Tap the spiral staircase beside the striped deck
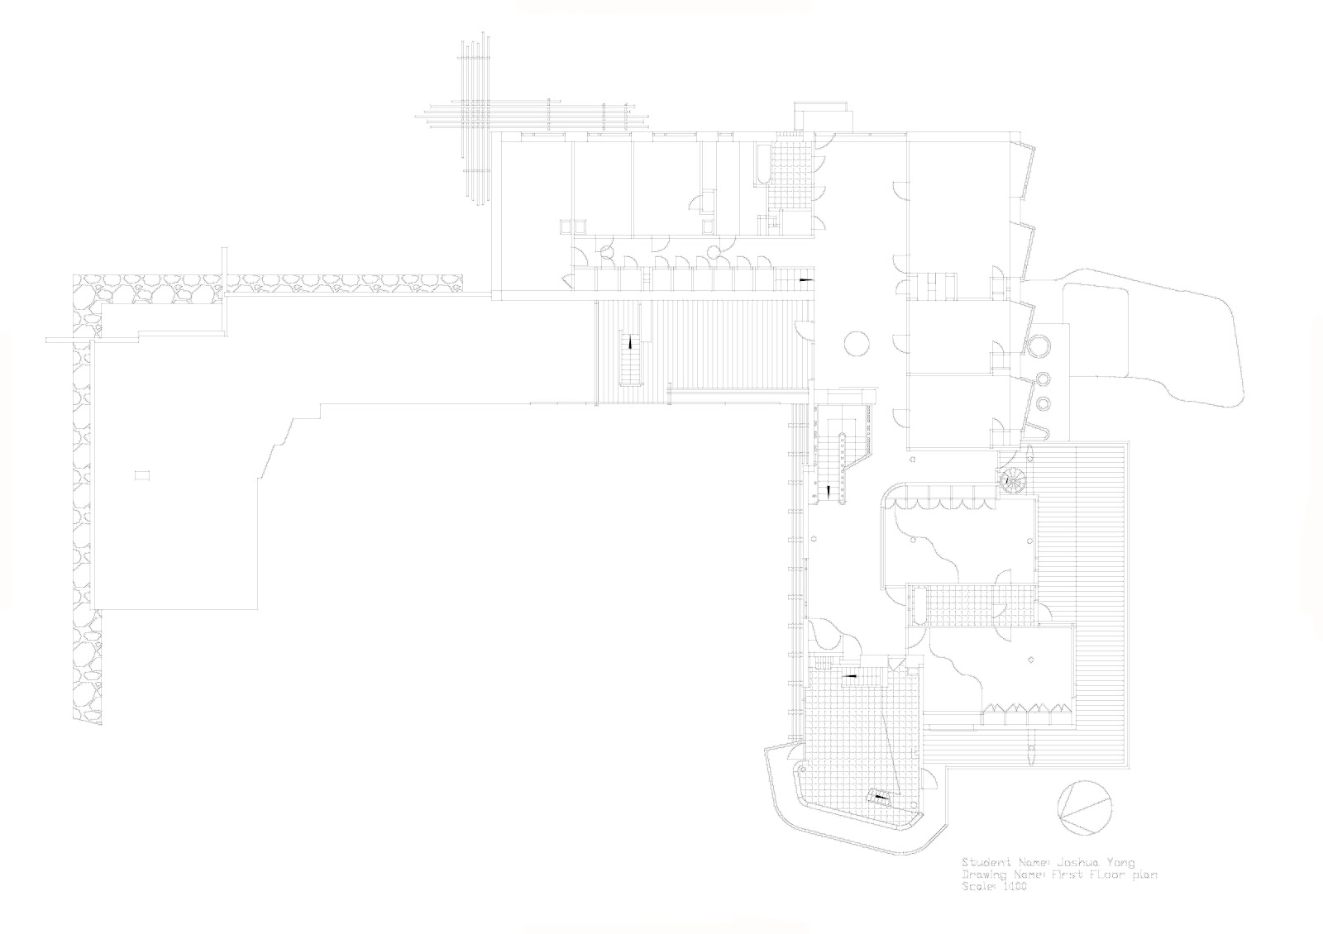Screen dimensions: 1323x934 pyautogui.click(x=1011, y=480)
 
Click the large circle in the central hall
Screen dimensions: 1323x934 pyautogui.click(x=857, y=342)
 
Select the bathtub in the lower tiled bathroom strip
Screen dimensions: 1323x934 pyautogui.click(x=916, y=606)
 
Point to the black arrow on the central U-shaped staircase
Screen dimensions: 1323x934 pyautogui.click(x=829, y=492)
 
